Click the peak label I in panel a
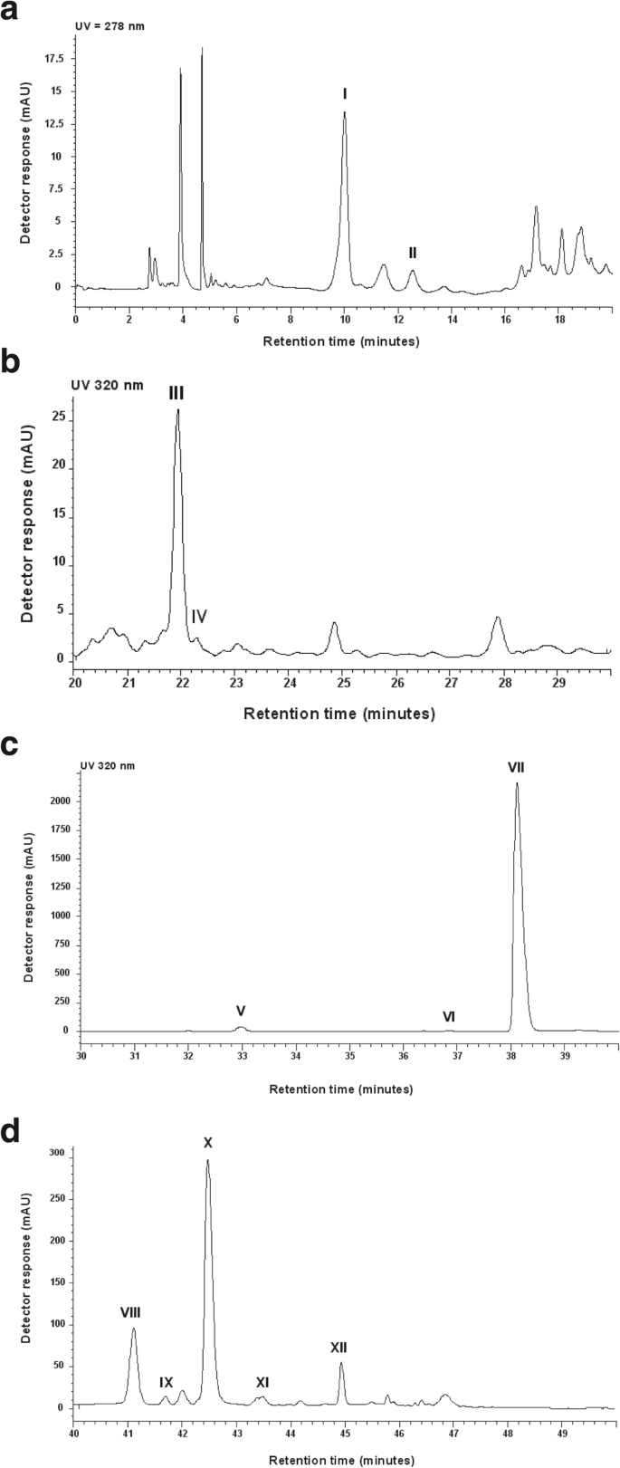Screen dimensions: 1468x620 tap(345, 93)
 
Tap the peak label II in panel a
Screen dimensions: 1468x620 tap(412, 253)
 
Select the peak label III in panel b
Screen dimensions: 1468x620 tap(176, 392)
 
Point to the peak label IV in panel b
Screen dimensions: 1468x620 tap(200, 617)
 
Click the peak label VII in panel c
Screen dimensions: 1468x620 tap(516, 767)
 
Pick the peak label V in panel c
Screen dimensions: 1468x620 tap(241, 1010)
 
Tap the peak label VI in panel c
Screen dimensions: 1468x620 tap(448, 1017)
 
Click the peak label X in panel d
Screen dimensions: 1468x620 tap(207, 1143)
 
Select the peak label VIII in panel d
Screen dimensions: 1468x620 tap(130, 1311)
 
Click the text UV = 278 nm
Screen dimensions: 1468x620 tap(109, 26)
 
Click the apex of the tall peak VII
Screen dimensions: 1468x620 tap(517, 783)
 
